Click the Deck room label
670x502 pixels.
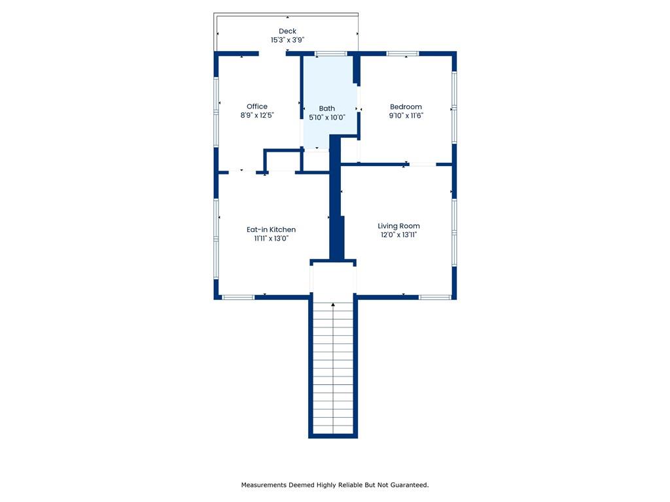click(287, 31)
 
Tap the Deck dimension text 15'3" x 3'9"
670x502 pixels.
click(287, 40)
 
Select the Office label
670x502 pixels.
click(256, 107)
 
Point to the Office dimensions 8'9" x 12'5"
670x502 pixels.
click(256, 115)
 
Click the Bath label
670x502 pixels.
click(327, 109)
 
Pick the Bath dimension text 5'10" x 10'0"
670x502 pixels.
click(327, 118)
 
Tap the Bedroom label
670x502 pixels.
click(406, 107)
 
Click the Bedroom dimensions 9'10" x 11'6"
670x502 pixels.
click(406, 116)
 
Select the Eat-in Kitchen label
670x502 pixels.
click(271, 229)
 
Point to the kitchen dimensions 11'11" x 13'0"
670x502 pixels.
click(271, 239)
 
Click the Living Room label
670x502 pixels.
click(398, 226)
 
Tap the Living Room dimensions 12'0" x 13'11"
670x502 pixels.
click(398, 235)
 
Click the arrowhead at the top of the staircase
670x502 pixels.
click(333, 305)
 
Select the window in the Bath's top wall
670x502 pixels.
click(330, 54)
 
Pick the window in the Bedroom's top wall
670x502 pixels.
click(402, 54)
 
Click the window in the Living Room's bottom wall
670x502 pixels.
click(434, 297)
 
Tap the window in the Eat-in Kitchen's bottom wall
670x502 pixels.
click(238, 297)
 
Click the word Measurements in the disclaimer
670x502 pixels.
click(264, 485)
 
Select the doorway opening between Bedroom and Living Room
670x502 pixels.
click(423, 164)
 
